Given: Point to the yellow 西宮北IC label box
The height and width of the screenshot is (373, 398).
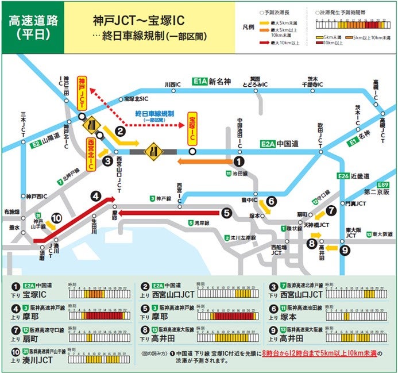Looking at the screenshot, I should pos(90,154).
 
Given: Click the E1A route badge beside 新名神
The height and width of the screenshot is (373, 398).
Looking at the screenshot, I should pos(199,81).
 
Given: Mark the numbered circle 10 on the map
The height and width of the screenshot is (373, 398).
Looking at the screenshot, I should pos(56,218).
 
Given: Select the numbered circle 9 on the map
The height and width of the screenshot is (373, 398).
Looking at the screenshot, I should pos(344,249).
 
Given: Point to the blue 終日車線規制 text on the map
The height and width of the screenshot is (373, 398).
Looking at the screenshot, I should pos(150,114).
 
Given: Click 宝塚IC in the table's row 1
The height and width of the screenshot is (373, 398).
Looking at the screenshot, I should pos(36,294).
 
